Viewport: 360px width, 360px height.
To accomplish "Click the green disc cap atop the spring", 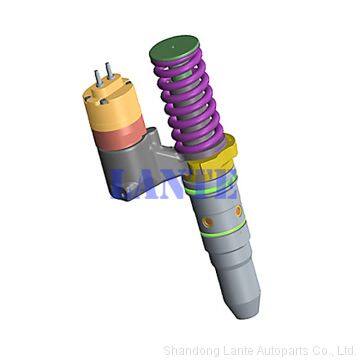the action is coord(174,48).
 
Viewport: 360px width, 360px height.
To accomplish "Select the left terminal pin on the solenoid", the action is coord(98,78).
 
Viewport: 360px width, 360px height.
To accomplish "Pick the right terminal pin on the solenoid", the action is coord(110,71).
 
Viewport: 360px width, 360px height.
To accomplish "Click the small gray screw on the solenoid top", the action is coord(104,101).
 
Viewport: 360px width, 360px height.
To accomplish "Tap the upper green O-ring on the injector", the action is coord(211,187).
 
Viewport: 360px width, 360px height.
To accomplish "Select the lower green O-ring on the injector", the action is coord(224,229).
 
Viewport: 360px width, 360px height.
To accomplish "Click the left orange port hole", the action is coord(208,221).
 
